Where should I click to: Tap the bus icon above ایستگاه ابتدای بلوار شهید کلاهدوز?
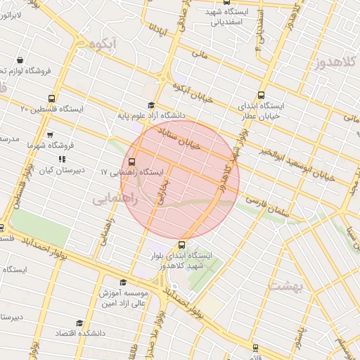[183, 245]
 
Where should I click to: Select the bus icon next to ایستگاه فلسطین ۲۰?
[51, 98]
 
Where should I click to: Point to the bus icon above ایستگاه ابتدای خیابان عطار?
[262, 95]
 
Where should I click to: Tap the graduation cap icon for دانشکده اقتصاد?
[79, 323]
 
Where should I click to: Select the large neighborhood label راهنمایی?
[115, 200]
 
